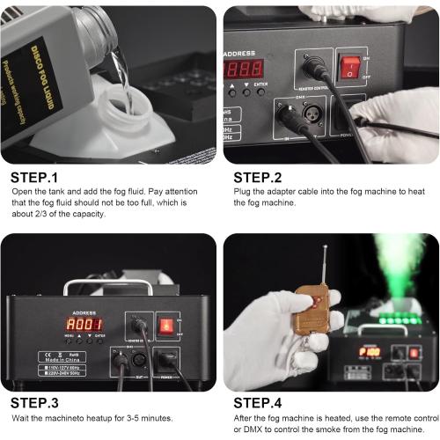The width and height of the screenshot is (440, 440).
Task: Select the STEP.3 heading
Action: [40, 403]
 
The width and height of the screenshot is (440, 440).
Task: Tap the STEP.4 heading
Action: [263, 403]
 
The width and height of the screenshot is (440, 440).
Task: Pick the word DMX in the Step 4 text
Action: [252, 429]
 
